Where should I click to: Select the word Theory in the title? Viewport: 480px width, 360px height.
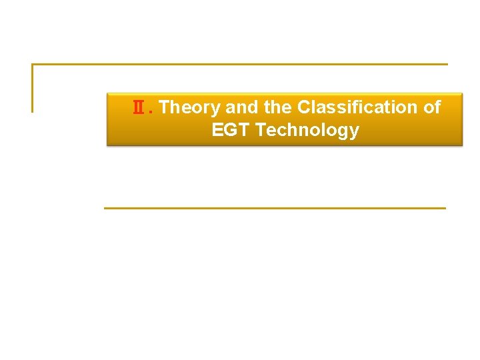(191, 107)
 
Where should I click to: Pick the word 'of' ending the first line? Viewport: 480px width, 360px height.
(432, 107)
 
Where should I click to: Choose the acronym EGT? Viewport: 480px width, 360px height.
(231, 130)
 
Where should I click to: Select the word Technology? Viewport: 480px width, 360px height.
(307, 131)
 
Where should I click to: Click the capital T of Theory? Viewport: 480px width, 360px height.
(165, 107)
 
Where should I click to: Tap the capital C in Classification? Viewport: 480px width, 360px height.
(304, 107)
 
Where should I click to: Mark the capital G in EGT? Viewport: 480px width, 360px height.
(231, 130)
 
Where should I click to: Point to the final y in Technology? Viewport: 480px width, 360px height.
(354, 132)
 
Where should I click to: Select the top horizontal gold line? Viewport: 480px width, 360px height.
(240, 65)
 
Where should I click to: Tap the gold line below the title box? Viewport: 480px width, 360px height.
(275, 208)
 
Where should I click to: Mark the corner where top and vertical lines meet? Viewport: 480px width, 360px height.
(32, 65)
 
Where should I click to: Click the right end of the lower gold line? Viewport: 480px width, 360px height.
(444, 208)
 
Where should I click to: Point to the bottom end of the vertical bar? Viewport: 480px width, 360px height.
(32, 111)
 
